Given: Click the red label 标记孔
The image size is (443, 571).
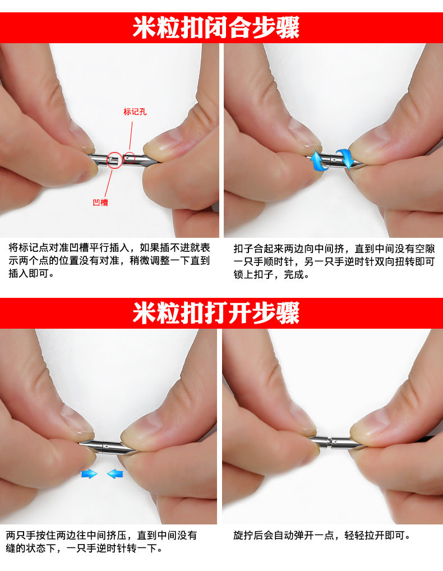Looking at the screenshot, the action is (x=135, y=112).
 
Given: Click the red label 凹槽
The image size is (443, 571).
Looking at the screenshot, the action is (x=100, y=202).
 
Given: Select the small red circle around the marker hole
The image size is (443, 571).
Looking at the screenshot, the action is (x=130, y=158).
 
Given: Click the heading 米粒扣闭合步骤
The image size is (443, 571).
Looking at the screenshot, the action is (x=216, y=27).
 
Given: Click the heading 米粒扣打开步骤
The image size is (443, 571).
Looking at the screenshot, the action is (x=216, y=313).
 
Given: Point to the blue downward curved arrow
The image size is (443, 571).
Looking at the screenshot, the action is (x=343, y=158).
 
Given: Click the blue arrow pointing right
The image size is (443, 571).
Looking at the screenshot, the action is (x=89, y=474).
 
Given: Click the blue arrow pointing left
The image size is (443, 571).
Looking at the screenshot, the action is (x=116, y=474).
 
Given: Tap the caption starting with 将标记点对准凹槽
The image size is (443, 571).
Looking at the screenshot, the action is (x=109, y=261).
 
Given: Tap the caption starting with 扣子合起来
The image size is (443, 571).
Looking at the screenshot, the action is (x=334, y=261).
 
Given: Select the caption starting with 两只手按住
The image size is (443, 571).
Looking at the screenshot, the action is (x=101, y=541).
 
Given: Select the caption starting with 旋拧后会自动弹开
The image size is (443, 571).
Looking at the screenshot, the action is (x=322, y=536).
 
